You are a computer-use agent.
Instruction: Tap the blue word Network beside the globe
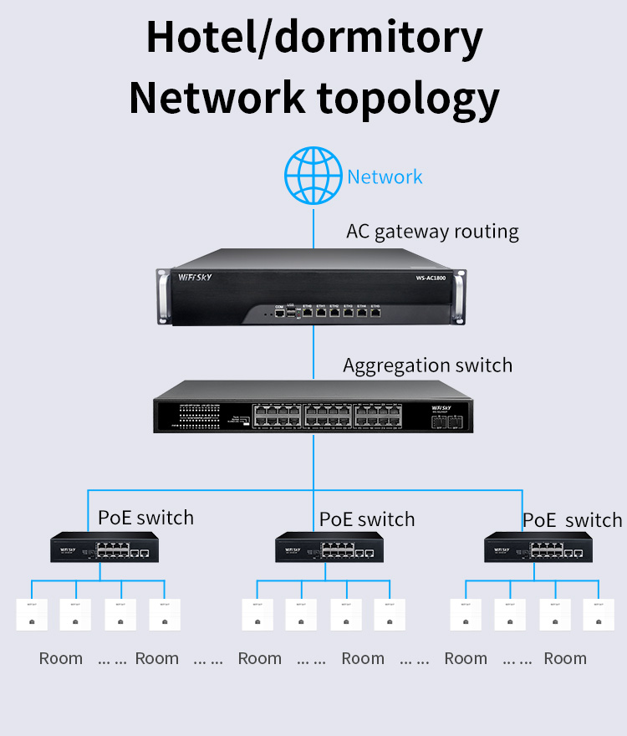click(x=385, y=177)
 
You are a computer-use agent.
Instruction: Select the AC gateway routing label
click(x=432, y=232)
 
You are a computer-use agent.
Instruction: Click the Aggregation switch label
click(x=427, y=365)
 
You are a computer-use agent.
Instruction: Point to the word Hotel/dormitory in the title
click(x=314, y=38)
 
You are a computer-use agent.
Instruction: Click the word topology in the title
click(x=408, y=97)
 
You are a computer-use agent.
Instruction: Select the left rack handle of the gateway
click(x=162, y=294)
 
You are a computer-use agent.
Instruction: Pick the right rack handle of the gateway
click(x=465, y=294)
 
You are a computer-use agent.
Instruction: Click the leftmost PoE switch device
click(x=103, y=549)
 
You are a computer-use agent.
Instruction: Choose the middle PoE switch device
click(x=329, y=549)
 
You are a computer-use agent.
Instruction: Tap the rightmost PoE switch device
click(x=538, y=549)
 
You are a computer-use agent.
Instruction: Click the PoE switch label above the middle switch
click(x=367, y=519)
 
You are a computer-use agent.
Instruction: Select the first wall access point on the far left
click(x=31, y=615)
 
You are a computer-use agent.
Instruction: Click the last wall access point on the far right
click(x=598, y=615)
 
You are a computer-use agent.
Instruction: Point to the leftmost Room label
click(x=61, y=658)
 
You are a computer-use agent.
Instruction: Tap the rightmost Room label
click(x=565, y=658)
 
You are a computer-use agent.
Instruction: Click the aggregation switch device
click(x=313, y=406)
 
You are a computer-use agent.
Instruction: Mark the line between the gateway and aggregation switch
click(x=313, y=351)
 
